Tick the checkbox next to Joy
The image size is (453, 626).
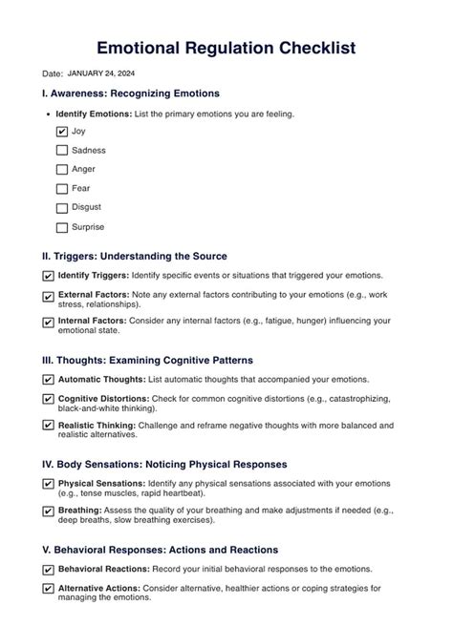(62, 132)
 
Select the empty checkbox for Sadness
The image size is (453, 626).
(62, 151)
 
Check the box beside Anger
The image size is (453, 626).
(62, 170)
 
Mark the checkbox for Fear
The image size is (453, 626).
(62, 189)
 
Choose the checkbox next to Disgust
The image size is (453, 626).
(62, 208)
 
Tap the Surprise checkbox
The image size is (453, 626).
(62, 228)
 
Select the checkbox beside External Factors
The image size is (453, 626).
(49, 297)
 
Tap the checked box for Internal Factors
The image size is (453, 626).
(49, 323)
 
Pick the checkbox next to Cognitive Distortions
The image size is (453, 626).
(49, 400)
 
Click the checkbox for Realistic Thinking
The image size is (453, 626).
(49, 426)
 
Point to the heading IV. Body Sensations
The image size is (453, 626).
(164, 464)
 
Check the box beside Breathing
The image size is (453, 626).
(49, 511)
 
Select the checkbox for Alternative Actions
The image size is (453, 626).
(49, 590)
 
